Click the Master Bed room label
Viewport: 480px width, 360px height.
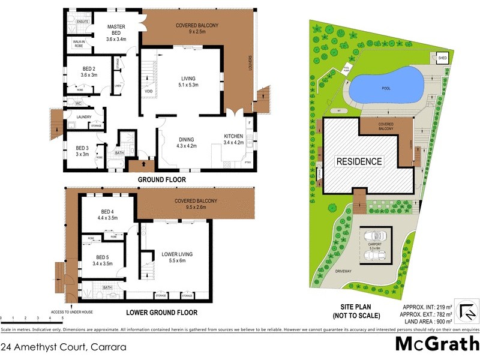coord(116,34)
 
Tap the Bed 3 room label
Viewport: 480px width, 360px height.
coord(82,151)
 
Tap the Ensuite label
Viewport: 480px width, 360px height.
coord(83,22)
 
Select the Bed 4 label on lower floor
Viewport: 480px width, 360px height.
coord(107,215)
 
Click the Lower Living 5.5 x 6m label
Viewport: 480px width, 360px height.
coord(177,257)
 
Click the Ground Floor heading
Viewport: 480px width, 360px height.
coord(162,179)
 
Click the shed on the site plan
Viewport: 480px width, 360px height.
coord(443,58)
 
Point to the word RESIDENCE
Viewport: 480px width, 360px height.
coord(359,161)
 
